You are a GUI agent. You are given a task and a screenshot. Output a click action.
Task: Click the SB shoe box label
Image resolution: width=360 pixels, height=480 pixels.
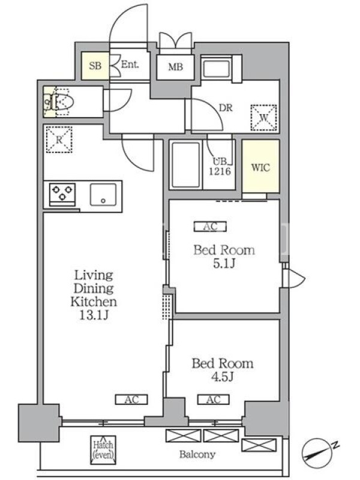[x=95, y=65]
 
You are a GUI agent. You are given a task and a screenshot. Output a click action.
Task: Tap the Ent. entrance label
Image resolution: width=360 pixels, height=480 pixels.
[x=130, y=64]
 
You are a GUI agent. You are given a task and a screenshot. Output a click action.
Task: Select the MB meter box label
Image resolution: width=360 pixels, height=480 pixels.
[x=175, y=67]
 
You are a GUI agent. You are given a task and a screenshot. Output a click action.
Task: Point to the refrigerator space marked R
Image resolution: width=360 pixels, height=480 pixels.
[x=59, y=140]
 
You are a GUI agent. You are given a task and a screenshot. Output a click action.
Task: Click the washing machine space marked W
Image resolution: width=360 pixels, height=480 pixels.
[x=263, y=118]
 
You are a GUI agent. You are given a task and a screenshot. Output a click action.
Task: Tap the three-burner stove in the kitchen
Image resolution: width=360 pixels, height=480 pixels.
[x=62, y=194]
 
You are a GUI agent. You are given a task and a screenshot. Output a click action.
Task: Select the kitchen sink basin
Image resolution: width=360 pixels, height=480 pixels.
[x=103, y=194]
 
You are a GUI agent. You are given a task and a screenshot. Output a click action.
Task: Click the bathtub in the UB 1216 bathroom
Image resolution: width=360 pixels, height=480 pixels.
[x=185, y=164]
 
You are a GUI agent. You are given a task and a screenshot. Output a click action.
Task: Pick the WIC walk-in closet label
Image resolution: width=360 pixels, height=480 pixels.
[x=260, y=167]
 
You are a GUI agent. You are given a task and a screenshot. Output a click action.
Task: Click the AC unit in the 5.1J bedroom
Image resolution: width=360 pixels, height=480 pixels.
[x=211, y=227]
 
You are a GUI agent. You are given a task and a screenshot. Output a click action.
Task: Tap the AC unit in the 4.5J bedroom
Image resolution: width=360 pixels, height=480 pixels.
[x=214, y=400]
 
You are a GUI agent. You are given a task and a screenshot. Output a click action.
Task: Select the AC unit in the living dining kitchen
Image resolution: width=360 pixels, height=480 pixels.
[x=131, y=400]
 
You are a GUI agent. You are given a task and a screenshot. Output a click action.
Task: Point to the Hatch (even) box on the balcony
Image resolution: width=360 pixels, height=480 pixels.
[x=103, y=450]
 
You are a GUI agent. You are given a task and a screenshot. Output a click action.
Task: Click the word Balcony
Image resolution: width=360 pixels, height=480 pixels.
[x=197, y=454]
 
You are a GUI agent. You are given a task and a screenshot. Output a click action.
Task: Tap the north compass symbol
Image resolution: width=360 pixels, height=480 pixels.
[x=317, y=452]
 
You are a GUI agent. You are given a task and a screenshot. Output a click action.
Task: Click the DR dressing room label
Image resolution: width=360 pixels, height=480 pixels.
[x=226, y=108]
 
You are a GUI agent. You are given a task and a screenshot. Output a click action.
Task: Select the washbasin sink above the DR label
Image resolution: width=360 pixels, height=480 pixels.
[x=216, y=69]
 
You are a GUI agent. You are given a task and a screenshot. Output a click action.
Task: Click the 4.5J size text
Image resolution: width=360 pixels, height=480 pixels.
[x=223, y=377]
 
